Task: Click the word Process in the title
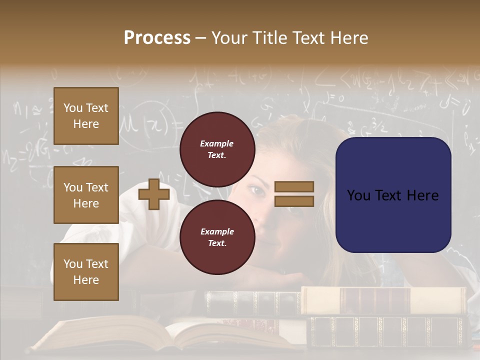(157, 38)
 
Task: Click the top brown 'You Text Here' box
(86, 116)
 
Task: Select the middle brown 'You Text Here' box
(86, 195)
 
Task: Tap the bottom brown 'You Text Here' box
(86, 271)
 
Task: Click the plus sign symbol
(153, 194)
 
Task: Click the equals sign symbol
(294, 194)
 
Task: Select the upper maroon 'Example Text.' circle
(217, 149)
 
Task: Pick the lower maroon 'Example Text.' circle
(217, 237)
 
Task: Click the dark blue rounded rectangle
(393, 195)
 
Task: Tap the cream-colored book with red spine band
(382, 300)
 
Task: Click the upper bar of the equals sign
(294, 186)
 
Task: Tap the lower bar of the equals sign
(294, 201)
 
